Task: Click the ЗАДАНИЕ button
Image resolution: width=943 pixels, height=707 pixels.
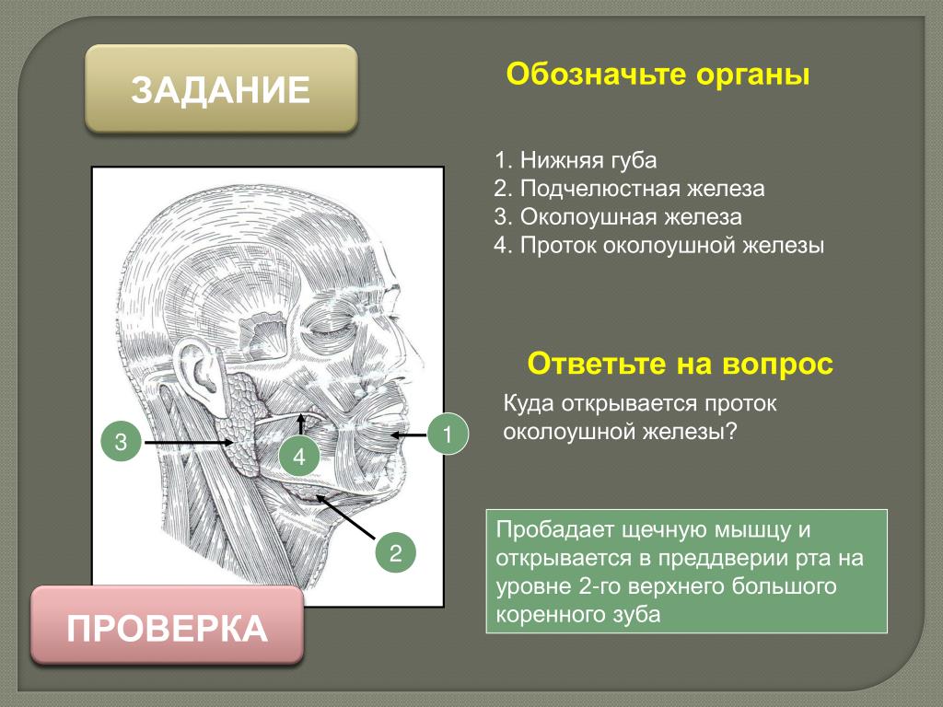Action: tap(221, 89)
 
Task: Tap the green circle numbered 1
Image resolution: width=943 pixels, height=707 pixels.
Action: tap(448, 434)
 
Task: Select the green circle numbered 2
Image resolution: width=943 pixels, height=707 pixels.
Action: tap(395, 552)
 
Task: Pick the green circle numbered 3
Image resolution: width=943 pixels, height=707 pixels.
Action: tap(121, 442)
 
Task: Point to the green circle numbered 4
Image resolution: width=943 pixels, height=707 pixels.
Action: tap(299, 457)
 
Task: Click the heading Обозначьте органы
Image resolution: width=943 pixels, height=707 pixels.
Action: tap(658, 75)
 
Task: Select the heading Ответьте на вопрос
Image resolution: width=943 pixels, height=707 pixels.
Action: tap(681, 364)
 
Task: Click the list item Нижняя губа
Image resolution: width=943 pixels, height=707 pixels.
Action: tap(576, 160)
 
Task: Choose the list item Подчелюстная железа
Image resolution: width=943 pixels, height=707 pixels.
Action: tap(629, 189)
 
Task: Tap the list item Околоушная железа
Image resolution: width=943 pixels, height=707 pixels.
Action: tap(618, 217)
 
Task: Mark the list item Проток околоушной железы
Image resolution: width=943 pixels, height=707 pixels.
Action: tap(659, 245)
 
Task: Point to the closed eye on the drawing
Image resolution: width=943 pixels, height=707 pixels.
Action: tap(325, 329)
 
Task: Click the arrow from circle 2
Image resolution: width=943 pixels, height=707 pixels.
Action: tap(346, 516)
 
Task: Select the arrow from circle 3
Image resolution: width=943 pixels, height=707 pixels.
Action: tap(189, 443)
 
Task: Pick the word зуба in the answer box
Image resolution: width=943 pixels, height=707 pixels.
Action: tap(635, 615)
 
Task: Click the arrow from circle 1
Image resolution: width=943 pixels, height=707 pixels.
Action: tap(408, 435)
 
